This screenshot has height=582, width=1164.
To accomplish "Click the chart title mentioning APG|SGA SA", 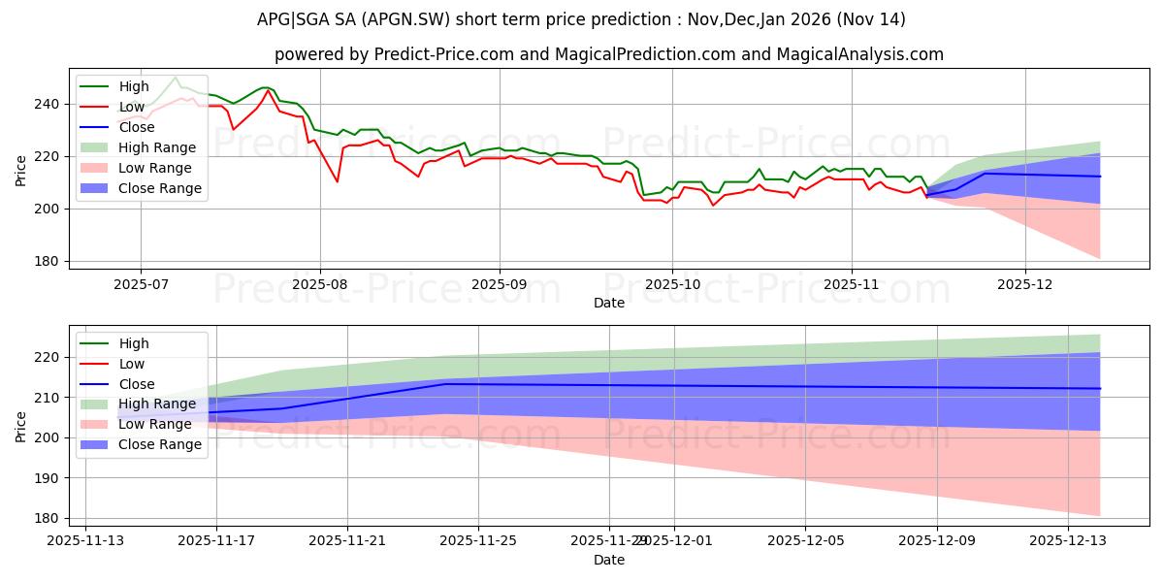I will (x=582, y=19).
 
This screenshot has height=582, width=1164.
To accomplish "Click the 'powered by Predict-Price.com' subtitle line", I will (x=582, y=54).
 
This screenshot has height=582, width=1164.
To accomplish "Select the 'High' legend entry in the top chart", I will (x=132, y=86).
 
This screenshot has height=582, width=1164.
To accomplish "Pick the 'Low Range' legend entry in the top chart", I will (x=155, y=168).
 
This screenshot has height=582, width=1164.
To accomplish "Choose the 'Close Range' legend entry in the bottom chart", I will (x=159, y=444).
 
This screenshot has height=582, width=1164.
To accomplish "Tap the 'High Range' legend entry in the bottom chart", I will (x=157, y=404).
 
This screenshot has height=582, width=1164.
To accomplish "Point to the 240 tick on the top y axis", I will (x=50, y=104).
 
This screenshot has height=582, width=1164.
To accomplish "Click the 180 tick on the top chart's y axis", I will (x=50, y=261).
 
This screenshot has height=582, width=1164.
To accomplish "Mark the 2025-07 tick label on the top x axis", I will (x=141, y=285).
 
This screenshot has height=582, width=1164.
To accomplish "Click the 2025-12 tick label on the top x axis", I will (x=1025, y=285).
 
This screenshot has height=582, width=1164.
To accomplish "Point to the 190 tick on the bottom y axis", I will (x=50, y=478).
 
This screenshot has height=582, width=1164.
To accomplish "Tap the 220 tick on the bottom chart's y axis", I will (x=50, y=358).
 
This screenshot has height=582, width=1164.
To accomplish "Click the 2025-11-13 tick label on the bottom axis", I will (x=85, y=541).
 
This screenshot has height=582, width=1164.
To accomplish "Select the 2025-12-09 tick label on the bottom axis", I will (x=937, y=541).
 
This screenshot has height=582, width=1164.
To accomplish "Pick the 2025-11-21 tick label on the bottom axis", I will (x=347, y=541).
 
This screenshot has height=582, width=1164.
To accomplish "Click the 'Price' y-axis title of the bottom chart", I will (x=22, y=426).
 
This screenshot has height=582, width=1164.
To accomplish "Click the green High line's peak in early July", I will (x=176, y=78).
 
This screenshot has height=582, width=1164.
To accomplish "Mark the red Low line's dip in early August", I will (x=337, y=181).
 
